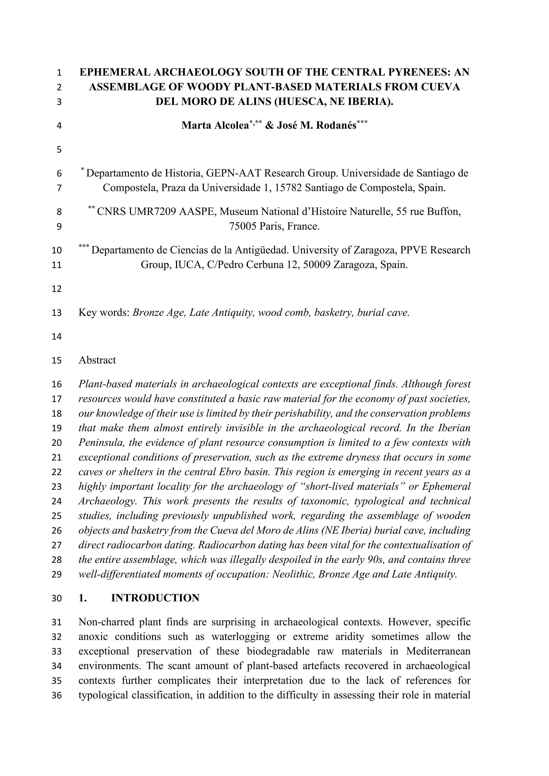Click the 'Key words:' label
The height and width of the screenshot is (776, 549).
tap(104, 313)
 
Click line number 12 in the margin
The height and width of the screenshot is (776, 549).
tap(57, 289)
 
